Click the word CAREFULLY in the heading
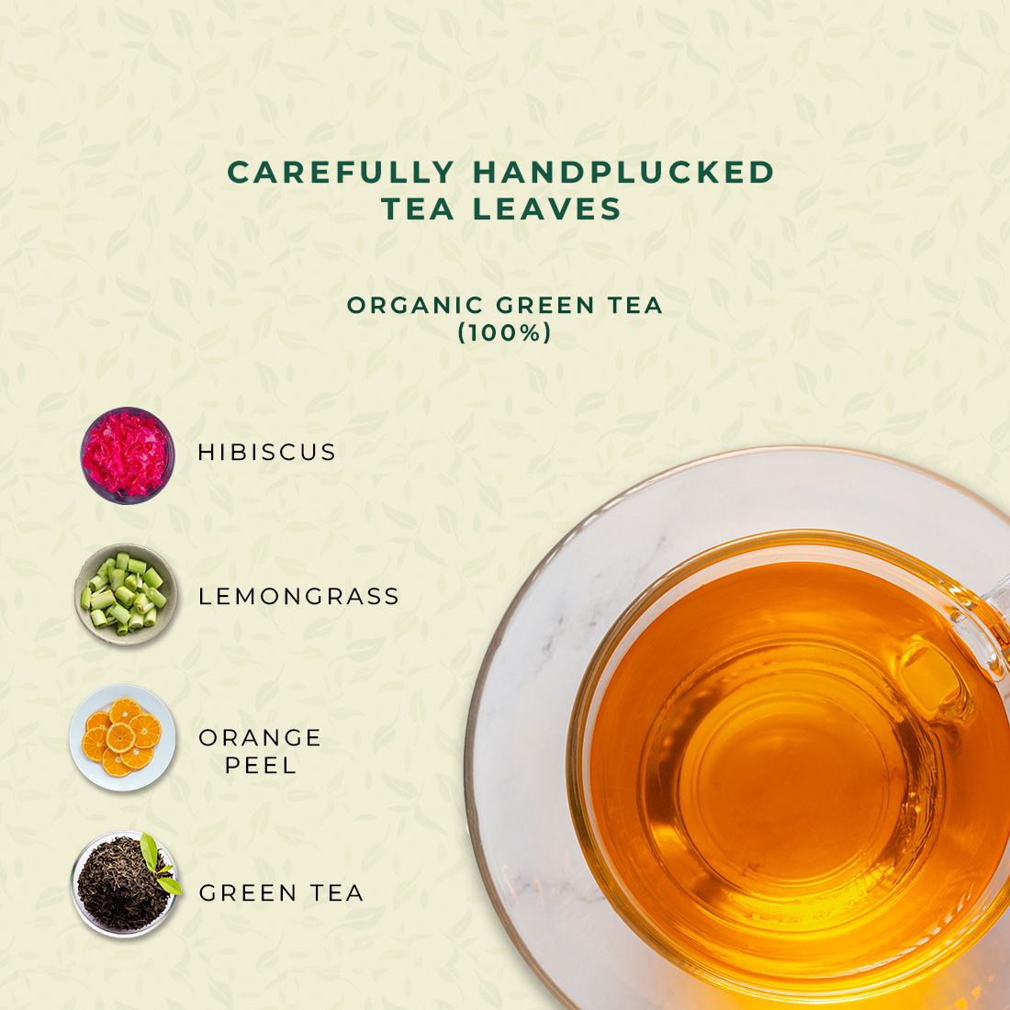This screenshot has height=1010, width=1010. click(342, 173)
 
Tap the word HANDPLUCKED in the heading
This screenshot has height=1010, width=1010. click(623, 173)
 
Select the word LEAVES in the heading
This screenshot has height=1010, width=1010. click(547, 208)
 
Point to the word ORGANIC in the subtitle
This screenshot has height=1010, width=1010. click(415, 305)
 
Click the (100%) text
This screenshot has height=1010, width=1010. click(504, 332)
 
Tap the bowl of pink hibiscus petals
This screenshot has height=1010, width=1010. click(127, 455)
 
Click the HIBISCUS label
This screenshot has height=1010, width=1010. click(266, 452)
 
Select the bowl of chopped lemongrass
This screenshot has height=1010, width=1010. click(125, 595)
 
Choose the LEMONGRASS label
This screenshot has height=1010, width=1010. click(299, 597)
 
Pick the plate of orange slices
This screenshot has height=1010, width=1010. click(122, 737)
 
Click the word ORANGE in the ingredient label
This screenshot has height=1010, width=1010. click(260, 737)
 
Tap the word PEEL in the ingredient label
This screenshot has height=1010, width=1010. click(260, 765)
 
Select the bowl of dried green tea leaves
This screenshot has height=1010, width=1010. click(124, 883)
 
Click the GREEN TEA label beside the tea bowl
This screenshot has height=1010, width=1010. click(281, 892)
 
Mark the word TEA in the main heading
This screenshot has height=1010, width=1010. click(418, 208)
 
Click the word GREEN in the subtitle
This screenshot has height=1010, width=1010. click(544, 305)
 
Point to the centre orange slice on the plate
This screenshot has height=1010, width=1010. click(120, 737)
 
